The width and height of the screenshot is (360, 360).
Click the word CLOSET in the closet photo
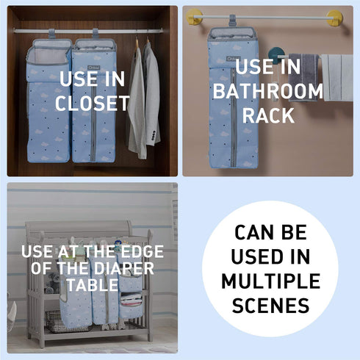[93, 103]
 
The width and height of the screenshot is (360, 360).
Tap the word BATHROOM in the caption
[268, 91]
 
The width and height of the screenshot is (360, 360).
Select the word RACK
[268, 115]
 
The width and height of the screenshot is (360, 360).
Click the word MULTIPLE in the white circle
[270, 281]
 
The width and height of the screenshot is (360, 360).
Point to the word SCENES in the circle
[270, 305]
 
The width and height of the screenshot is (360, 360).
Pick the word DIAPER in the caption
[123, 268]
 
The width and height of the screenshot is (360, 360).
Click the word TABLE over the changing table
[93, 285]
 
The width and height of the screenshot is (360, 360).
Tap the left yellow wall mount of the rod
[194, 17]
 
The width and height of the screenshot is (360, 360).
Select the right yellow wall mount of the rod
[335, 18]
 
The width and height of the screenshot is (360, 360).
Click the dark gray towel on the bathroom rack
[303, 77]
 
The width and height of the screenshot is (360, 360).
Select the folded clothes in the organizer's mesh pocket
[131, 299]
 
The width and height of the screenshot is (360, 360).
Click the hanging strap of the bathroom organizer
[232, 21]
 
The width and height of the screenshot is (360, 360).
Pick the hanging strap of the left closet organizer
[51, 34]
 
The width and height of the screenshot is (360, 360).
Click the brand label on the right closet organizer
[94, 68]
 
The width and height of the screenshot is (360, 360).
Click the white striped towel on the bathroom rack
[338, 78]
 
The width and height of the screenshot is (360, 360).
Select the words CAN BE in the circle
[270, 232]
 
